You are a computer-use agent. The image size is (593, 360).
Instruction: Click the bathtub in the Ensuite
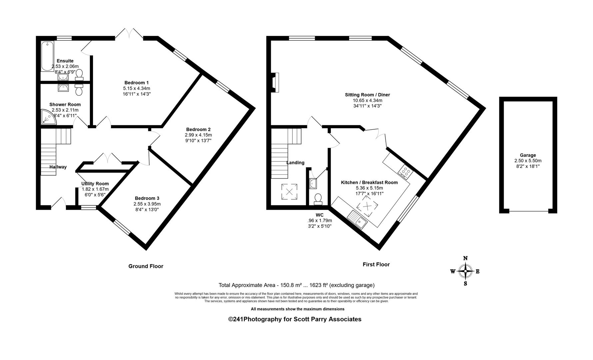[47, 56]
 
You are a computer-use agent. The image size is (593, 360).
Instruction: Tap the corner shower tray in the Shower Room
[48, 117]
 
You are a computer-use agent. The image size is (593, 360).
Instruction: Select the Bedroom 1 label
[137, 83]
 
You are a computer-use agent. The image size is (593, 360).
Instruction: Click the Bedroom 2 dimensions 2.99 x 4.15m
[198, 135]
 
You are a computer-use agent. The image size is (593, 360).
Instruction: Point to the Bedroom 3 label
[147, 198]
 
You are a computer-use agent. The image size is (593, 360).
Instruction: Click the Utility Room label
[95, 184]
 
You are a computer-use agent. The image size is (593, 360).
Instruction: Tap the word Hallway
[58, 167]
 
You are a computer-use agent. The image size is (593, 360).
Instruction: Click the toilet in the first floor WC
[318, 199]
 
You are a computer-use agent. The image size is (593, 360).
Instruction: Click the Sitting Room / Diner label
[367, 95]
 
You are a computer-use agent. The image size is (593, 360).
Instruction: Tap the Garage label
[528, 155]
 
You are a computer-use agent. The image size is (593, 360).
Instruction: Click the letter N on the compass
[465, 258]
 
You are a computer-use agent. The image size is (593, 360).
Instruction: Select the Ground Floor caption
[146, 266]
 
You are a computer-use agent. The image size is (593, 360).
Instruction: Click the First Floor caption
[376, 264]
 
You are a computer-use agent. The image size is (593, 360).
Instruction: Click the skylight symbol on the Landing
[289, 192]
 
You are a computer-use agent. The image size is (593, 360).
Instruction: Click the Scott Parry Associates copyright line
[295, 319]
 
